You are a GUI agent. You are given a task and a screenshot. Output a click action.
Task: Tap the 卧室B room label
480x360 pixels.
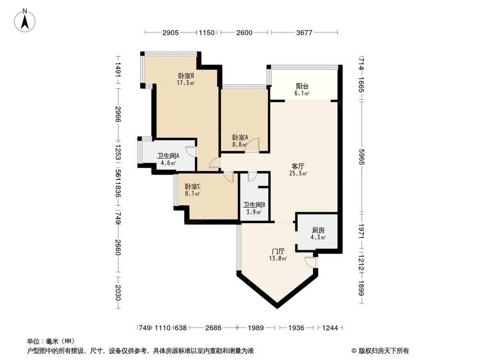(x=186, y=76)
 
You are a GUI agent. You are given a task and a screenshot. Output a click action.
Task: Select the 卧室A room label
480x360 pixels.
(x=240, y=137)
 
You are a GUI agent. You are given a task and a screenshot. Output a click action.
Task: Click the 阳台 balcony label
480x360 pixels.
(x=302, y=87)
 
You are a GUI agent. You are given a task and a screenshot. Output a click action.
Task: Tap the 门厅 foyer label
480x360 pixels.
(x=278, y=251)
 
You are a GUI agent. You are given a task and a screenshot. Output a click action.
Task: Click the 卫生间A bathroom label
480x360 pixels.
(x=168, y=156)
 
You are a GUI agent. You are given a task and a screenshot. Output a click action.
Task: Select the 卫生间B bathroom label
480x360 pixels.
(x=254, y=204)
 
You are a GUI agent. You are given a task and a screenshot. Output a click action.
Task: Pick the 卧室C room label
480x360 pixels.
(x=192, y=187)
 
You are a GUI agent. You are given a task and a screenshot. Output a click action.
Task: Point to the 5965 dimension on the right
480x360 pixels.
(x=361, y=156)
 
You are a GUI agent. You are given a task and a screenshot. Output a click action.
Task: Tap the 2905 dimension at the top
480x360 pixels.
(x=170, y=33)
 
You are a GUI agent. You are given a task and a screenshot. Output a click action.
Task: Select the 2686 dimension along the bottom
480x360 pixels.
(x=213, y=328)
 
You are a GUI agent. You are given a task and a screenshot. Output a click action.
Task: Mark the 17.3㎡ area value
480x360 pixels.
(x=186, y=83)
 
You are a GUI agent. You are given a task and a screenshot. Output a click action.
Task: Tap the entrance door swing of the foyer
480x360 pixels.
(x=311, y=262)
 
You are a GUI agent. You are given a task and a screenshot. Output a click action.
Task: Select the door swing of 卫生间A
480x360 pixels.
(x=192, y=151)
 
